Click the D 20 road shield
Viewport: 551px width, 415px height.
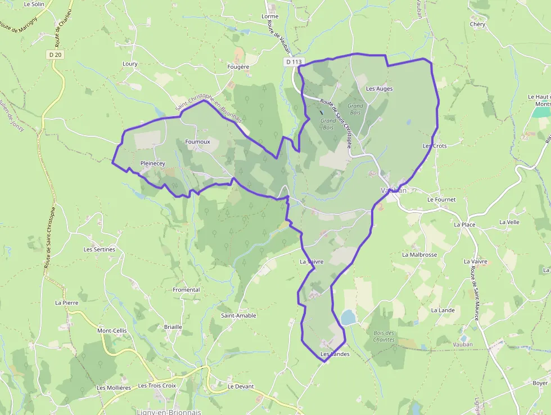55,55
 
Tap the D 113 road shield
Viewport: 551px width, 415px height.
293,61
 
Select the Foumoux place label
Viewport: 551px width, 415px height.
197,142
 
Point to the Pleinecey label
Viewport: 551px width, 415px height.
153,163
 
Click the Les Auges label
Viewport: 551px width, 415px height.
379,89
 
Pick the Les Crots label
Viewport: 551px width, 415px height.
435,146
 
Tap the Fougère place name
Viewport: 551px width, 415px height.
238,67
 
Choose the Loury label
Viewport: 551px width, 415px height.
130,64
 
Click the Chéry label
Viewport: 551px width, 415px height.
477,24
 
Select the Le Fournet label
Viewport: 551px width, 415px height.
441,199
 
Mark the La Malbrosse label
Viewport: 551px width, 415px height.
419,255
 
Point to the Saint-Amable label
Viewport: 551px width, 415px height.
238,316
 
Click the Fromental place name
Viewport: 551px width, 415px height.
186,290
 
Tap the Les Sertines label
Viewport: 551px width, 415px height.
100,249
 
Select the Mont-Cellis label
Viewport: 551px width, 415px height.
112,331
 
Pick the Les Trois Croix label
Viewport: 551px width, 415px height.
157,386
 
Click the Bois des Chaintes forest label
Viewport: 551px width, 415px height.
384,336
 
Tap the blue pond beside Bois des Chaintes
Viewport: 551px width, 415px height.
349,318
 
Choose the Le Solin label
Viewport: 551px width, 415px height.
34,4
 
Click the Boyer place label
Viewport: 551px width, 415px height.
540,383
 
